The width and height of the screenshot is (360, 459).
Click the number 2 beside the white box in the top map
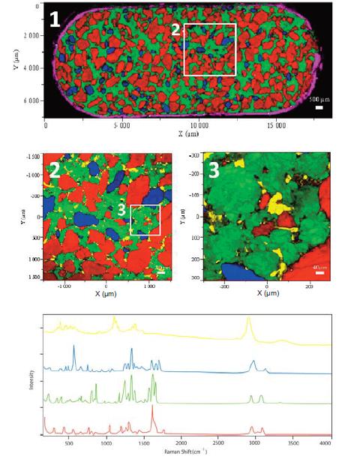[x=175, y=30]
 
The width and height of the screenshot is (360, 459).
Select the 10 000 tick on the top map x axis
[x=199, y=125]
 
